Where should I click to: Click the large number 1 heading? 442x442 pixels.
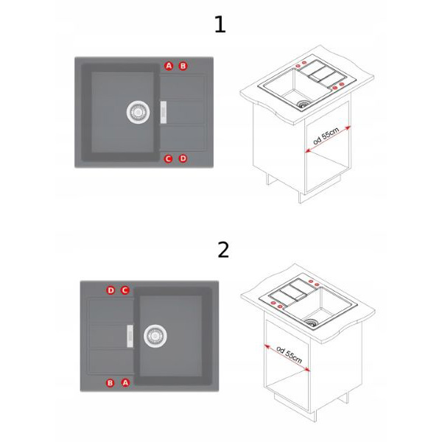[x=220, y=24]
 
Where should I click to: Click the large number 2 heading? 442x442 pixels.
[x=223, y=250]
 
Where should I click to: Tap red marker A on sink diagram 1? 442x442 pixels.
[x=169, y=66]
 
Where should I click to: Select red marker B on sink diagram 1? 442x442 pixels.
[x=183, y=66]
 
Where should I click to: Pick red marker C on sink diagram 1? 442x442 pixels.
[x=168, y=158]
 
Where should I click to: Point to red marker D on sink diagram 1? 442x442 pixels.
[x=183, y=158]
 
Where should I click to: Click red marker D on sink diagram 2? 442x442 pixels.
[x=110, y=290]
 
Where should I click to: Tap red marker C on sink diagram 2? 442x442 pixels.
[x=125, y=290]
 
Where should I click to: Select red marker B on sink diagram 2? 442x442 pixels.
[x=110, y=383]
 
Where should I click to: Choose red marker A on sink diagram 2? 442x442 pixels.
[x=125, y=382]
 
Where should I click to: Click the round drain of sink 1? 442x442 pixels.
[x=138, y=112]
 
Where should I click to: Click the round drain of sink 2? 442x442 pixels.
[x=155, y=336]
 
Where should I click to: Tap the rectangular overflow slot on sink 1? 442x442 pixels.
[x=164, y=112]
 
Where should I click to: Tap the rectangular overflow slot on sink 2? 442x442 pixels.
[x=130, y=336]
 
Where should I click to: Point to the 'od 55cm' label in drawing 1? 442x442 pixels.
[x=326, y=136]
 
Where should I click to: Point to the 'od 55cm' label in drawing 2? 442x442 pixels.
[x=290, y=354]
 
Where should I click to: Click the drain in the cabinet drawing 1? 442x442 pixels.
[x=304, y=103]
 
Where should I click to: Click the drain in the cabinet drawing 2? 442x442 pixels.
[x=311, y=322]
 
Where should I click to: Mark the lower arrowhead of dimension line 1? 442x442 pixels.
[x=308, y=151]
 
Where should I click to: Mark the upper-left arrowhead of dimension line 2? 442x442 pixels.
[x=266, y=345]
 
